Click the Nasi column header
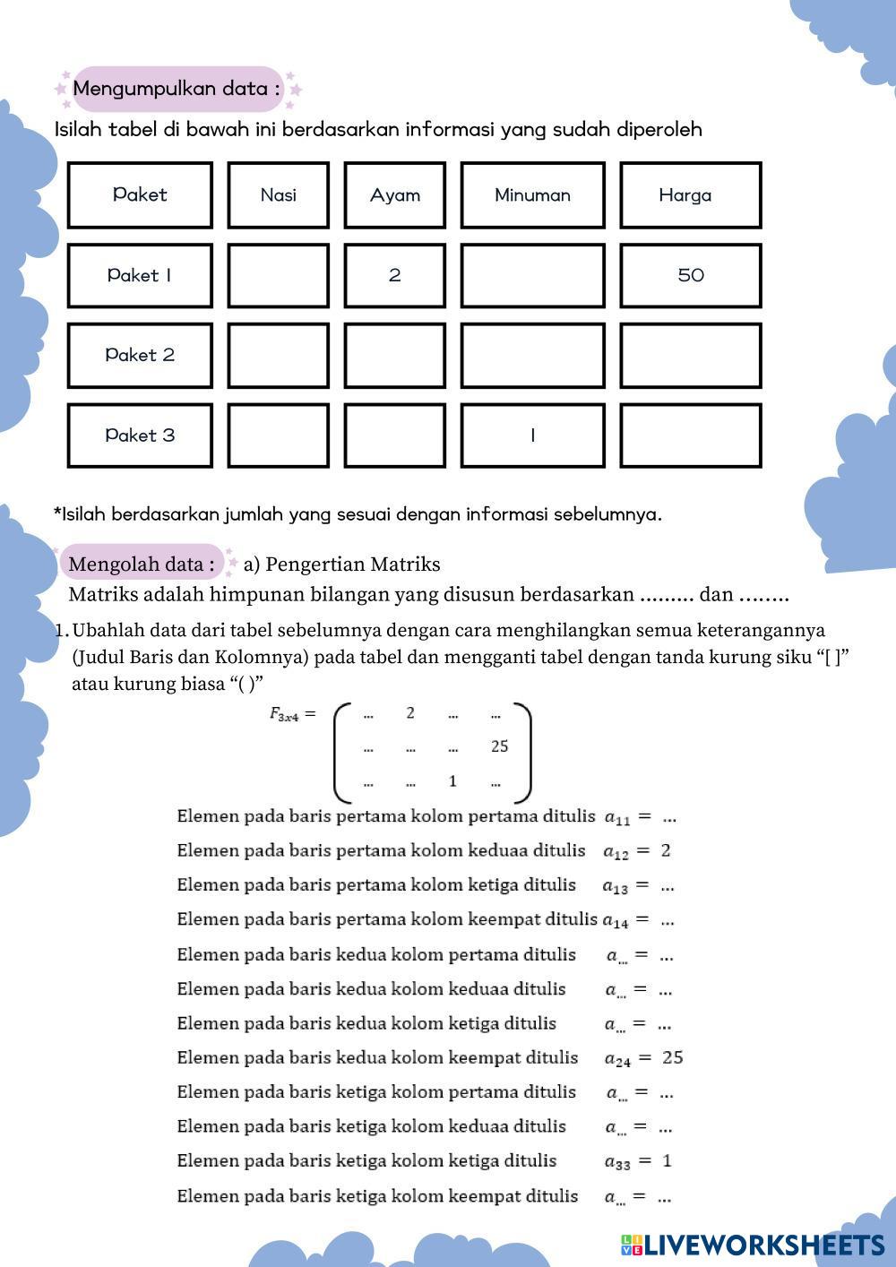[x=278, y=195]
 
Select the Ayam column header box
[x=394, y=195]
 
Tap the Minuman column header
[x=532, y=195]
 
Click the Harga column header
[x=690, y=195]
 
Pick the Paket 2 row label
[x=140, y=356]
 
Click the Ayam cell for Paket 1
[x=394, y=276]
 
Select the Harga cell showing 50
[x=690, y=276]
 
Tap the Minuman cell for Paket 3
[x=532, y=435]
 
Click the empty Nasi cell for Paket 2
[x=278, y=356]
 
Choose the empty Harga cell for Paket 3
[x=690, y=435]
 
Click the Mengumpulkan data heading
[x=177, y=89]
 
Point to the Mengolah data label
[x=142, y=565]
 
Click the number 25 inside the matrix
[x=499, y=746]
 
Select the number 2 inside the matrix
[x=409, y=713]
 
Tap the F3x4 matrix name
[x=286, y=714]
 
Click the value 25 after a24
[x=672, y=1057]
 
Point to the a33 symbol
[x=617, y=1162]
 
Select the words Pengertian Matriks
[x=353, y=565]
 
